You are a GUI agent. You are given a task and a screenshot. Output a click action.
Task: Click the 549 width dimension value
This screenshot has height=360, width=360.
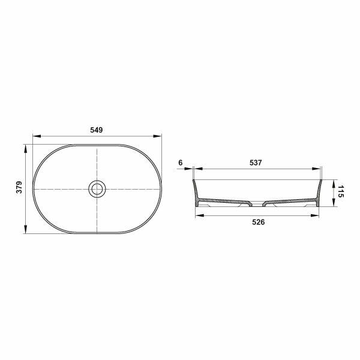point(97,130)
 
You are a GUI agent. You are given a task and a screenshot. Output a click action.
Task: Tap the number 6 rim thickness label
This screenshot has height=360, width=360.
point(181,163)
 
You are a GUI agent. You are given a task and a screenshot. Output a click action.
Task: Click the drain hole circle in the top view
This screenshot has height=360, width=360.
point(97,189)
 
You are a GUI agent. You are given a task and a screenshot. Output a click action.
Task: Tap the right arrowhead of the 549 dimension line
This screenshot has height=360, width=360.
point(160,136)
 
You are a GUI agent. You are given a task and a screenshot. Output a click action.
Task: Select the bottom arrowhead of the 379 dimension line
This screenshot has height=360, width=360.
point(25,231)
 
